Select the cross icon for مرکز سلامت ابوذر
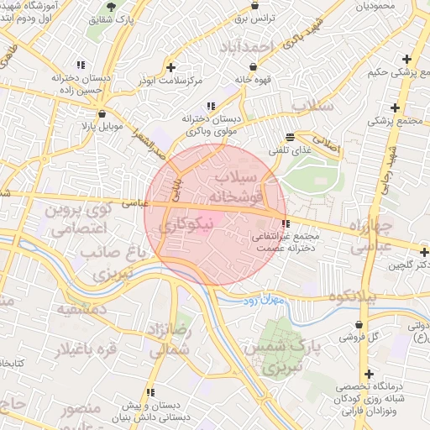point(171,67)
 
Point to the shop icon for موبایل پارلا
point(102,113)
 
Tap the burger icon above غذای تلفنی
point(291,136)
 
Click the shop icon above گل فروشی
point(359,324)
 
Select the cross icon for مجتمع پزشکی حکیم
point(407,60)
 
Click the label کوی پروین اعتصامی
point(78,218)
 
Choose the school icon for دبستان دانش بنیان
point(149,392)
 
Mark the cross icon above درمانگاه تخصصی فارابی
point(368,375)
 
